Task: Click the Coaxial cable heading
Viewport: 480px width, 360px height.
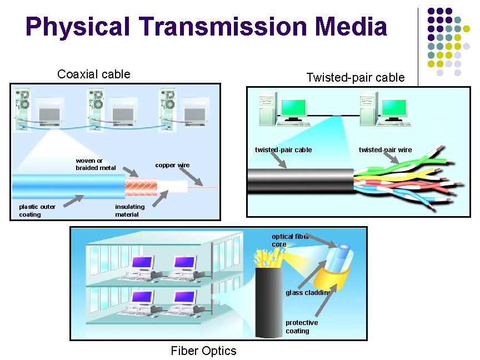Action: tap(94, 74)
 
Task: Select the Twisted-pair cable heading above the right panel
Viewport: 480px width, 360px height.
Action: tap(355, 78)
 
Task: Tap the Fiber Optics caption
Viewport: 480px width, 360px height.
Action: tap(203, 351)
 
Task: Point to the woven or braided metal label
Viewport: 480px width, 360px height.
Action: tap(96, 164)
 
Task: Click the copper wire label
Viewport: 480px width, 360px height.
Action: tap(172, 165)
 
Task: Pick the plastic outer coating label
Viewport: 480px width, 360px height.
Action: tap(37, 211)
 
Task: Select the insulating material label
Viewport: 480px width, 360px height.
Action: tap(129, 211)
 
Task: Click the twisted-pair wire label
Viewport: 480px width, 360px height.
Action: tap(385, 150)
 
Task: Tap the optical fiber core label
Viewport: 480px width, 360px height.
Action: tap(289, 241)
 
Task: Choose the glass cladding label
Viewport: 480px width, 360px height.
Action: tap(308, 292)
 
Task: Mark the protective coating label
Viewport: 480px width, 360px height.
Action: tap(302, 327)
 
